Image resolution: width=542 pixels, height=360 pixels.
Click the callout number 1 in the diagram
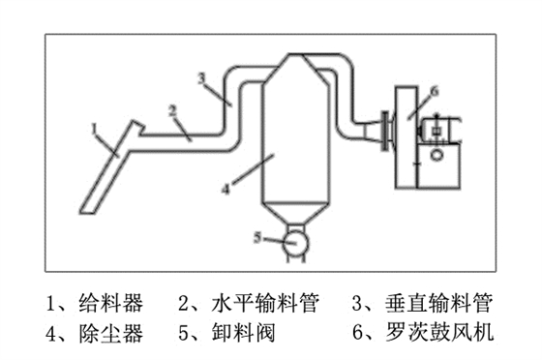[x=94, y=127]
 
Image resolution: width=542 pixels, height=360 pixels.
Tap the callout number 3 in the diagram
[x=200, y=76]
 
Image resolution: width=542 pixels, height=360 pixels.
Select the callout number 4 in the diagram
[x=226, y=191]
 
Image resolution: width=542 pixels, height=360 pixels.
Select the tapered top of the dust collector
[x=289, y=68]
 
